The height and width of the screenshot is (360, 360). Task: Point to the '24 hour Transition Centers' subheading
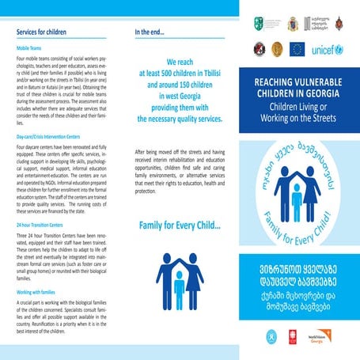[x=42, y=225]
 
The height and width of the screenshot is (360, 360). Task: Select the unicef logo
[x=328, y=49]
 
